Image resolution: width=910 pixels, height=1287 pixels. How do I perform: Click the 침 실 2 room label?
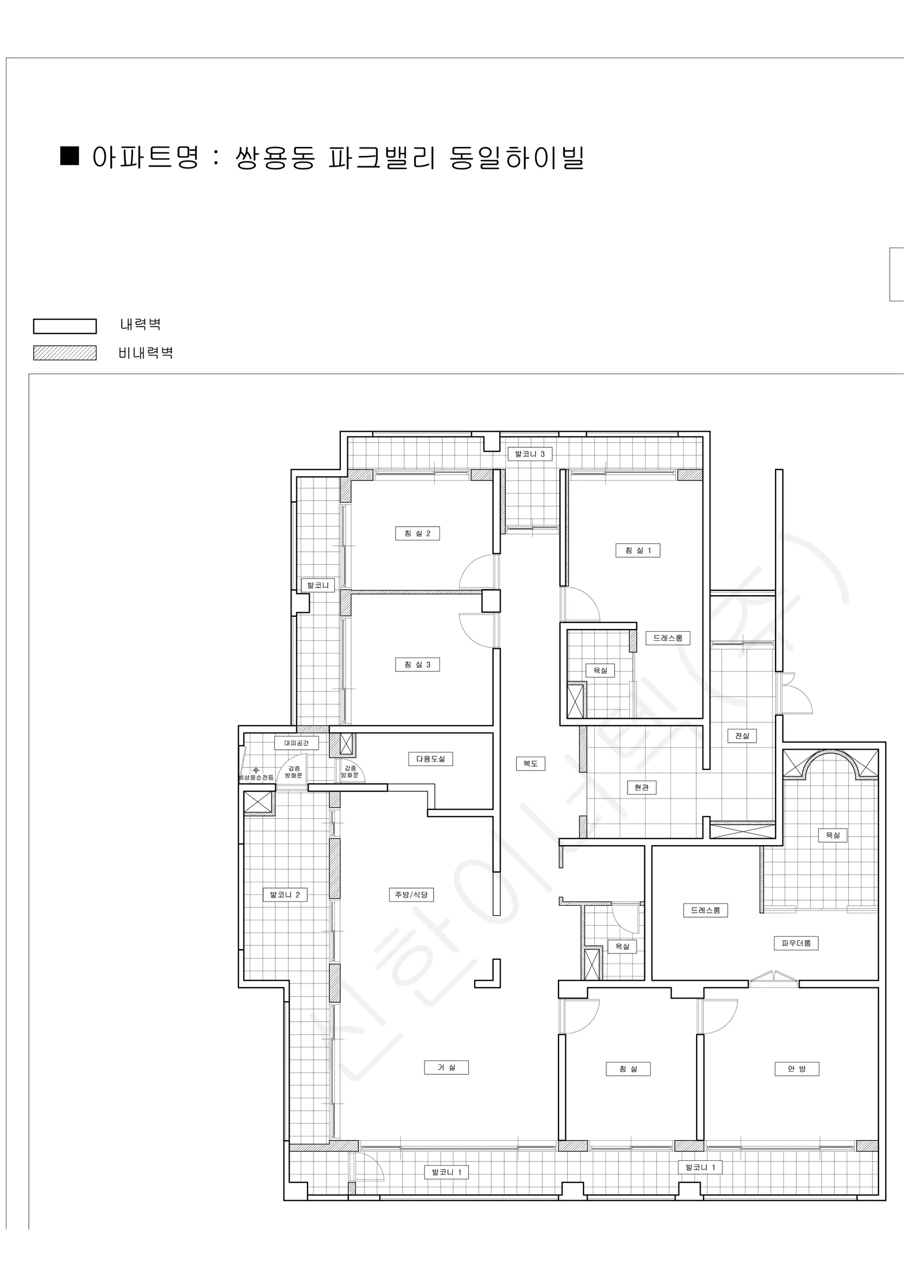(417, 533)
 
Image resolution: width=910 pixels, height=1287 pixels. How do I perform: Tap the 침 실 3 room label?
(417, 664)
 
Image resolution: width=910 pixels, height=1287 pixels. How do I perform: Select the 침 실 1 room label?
(638, 550)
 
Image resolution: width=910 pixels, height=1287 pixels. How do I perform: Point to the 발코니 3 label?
(529, 454)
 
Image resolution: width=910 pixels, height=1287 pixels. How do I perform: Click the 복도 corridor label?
(530, 763)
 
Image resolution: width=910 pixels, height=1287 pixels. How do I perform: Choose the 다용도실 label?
(430, 758)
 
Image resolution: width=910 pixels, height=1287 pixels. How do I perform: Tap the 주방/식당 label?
(411, 894)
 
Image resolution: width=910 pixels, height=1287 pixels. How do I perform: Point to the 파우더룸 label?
(796, 943)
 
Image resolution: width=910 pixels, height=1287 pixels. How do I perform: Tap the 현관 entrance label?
(641, 787)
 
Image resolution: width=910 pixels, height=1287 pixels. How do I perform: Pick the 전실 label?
(742, 735)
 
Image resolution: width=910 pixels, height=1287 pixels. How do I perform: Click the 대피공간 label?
(296, 743)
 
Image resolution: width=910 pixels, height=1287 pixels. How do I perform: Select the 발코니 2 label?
(285, 894)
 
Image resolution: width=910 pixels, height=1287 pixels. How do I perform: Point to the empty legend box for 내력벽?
(64, 326)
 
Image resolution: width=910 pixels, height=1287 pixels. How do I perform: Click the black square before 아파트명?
(70, 156)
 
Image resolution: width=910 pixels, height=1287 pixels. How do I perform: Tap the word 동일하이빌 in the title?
(517, 158)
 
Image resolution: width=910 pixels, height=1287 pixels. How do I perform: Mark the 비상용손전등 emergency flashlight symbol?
(256, 770)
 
